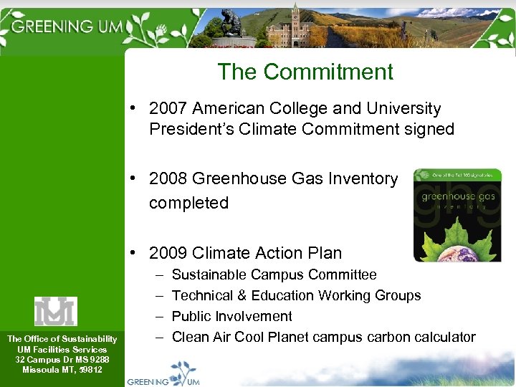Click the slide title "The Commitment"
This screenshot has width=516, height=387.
(305, 72)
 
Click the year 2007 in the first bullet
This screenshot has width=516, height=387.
(167, 109)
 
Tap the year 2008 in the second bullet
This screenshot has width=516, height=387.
(168, 179)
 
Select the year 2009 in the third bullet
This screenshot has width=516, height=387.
(168, 253)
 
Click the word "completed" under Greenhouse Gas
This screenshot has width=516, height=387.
(188, 204)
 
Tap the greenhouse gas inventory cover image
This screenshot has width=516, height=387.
(458, 215)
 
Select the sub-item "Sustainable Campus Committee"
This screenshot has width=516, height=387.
(274, 274)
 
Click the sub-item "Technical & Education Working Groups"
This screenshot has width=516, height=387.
(296, 295)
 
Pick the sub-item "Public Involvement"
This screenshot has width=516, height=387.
(232, 316)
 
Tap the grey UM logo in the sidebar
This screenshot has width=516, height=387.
(56, 311)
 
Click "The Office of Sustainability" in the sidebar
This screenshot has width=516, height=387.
(62, 339)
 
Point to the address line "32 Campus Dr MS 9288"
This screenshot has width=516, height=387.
(62, 359)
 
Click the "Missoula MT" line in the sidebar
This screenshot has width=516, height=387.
(62, 370)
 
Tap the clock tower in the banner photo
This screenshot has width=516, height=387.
(295, 21)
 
